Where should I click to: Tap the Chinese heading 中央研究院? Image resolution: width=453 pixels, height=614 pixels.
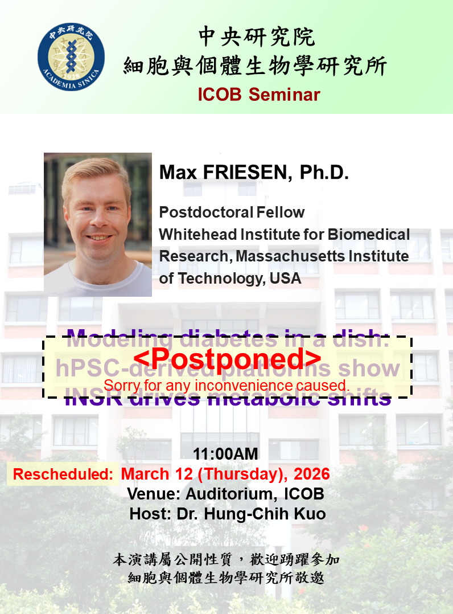pos(256,38)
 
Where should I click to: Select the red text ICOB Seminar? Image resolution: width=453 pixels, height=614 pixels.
pos(259,95)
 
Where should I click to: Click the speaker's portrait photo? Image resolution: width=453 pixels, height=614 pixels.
pos(98,224)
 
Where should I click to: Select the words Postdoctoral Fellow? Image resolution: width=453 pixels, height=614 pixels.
pos(232,212)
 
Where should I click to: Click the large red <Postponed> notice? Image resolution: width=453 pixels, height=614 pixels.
pos(227,359)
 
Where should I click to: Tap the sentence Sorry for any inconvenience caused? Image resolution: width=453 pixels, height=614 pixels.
pos(226,385)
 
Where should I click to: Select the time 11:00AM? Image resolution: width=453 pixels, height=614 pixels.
pos(226,455)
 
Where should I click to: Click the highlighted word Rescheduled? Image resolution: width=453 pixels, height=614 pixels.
pos(63,474)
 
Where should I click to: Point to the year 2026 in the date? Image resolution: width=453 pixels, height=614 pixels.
pos(310,474)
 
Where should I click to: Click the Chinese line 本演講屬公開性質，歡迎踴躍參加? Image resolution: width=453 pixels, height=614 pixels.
pos(226,559)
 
